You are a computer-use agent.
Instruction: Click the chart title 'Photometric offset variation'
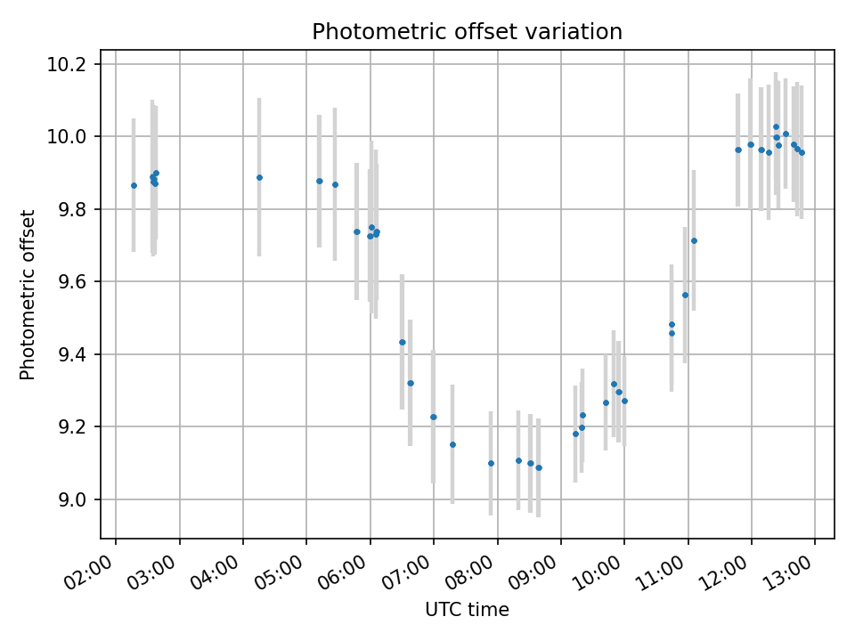click(x=467, y=32)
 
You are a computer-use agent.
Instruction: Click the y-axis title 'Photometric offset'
click(x=28, y=295)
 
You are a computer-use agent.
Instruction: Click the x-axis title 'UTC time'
click(x=467, y=610)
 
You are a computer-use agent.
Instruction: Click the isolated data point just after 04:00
click(x=259, y=177)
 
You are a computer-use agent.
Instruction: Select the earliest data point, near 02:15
click(x=134, y=185)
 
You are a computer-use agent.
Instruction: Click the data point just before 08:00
click(x=491, y=463)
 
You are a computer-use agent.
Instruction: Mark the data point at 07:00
click(x=434, y=417)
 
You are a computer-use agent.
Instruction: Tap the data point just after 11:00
click(x=694, y=240)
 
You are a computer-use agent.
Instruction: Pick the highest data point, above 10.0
click(x=776, y=127)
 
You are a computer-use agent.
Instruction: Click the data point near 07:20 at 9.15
click(x=452, y=444)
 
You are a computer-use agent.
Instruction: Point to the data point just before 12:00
click(x=738, y=150)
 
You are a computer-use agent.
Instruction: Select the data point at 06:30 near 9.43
click(x=402, y=342)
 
